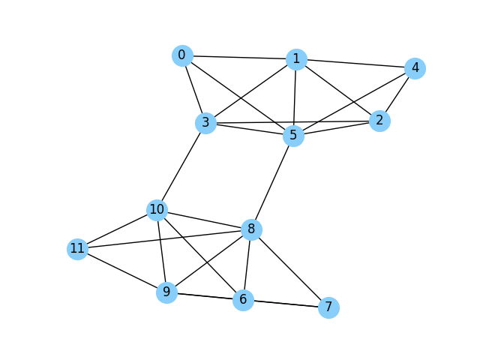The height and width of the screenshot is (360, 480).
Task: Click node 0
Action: pos(182,55)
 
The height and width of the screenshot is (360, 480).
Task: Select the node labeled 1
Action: pos(296,59)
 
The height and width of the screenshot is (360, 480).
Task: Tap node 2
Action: pos(380,121)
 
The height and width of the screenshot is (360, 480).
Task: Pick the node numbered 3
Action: pos(205,123)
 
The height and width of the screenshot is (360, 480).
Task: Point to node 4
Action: pos(414,68)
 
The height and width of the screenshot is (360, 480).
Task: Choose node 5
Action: pos(294,136)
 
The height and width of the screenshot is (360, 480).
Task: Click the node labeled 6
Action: pos(242,300)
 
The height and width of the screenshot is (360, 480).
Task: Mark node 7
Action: pos(328,307)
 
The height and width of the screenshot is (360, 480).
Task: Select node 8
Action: pos(251,229)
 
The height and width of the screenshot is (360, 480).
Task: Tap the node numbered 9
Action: pos(166,292)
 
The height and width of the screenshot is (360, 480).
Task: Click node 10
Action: pos(157,210)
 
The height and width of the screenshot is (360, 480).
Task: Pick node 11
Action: pos(77,249)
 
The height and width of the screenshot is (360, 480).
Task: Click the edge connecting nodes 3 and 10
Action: pos(181,166)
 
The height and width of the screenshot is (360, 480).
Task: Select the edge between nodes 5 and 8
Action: pos(273,183)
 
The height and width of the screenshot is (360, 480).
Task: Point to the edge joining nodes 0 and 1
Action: pos(239,57)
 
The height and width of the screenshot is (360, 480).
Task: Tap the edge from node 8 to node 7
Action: pos(289,268)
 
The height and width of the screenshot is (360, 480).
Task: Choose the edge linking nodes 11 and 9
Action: pos(121,270)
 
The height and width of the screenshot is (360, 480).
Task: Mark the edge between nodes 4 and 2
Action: pos(397,94)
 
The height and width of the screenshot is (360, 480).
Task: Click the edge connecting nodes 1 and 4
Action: pos(355,64)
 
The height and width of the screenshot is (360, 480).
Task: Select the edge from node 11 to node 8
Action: pos(164,239)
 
